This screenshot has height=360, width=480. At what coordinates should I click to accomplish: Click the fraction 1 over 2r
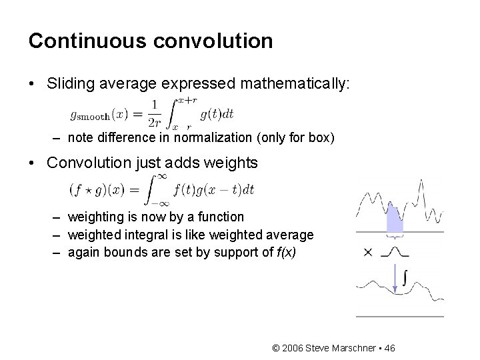[x=154, y=113]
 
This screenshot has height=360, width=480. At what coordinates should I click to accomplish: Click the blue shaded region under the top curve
[x=395, y=221]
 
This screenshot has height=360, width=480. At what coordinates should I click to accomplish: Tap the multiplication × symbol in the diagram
[x=368, y=252]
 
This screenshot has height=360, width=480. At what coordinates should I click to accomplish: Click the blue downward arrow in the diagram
[x=395, y=280]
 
